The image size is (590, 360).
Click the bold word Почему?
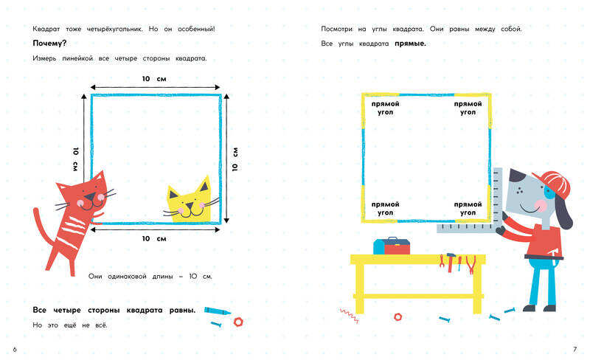49,44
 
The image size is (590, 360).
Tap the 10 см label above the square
154,79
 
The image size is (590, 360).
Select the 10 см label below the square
154,239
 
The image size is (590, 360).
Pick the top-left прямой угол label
385,108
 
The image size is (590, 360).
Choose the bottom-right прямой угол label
468,209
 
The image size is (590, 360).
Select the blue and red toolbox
392,246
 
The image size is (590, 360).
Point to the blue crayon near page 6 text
218,311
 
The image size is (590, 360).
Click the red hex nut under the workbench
398,317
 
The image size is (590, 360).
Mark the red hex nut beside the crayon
238,322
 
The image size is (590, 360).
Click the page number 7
575,350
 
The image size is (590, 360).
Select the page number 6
15,350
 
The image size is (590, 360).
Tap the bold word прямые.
410,44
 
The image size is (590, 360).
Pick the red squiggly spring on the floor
349,316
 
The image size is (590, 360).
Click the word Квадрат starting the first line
46,29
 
